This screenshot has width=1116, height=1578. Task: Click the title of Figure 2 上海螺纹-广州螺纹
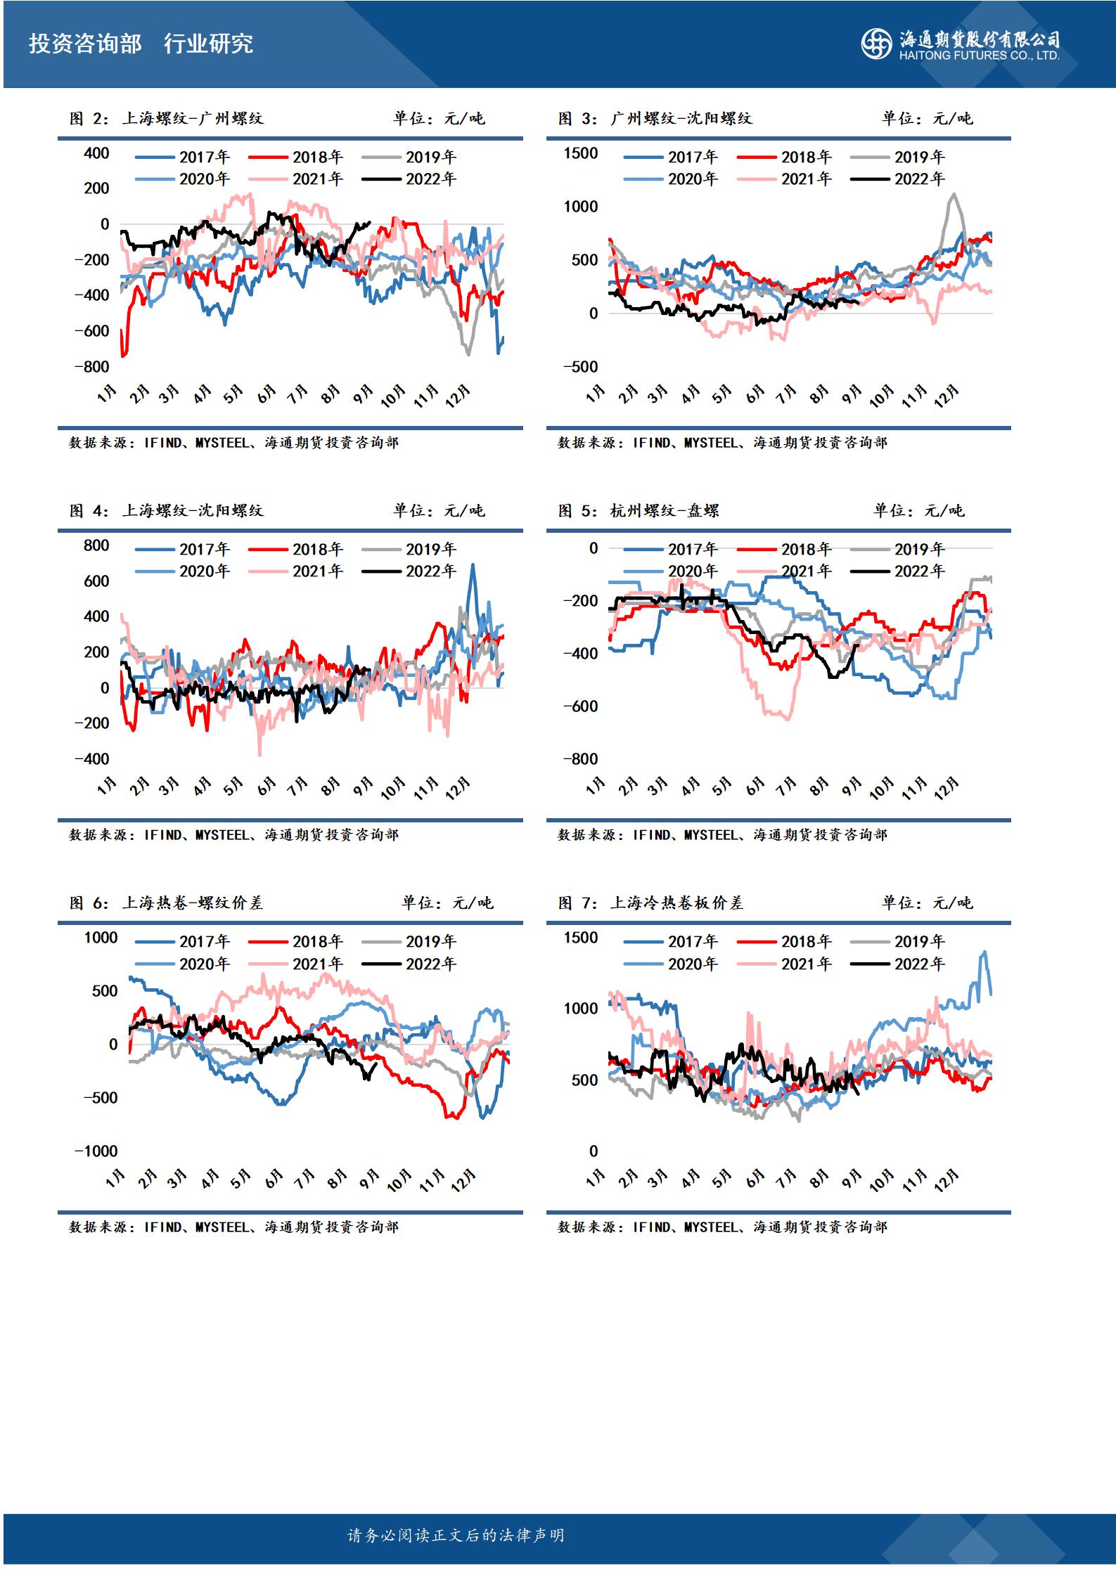click(167, 118)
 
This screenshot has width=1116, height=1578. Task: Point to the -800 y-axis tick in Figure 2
click(92, 366)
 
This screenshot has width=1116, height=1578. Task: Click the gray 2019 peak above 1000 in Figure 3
click(953, 195)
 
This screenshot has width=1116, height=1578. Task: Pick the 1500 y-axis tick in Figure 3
click(581, 153)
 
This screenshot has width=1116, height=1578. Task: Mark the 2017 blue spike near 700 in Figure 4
click(472, 565)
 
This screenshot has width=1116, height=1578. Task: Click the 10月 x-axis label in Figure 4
click(392, 789)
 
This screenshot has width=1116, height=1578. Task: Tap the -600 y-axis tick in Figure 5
click(581, 706)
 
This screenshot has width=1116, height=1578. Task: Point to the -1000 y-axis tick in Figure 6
click(96, 1151)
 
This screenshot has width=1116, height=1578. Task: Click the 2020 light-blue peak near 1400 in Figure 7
click(984, 952)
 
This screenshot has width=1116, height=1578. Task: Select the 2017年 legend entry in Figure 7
click(671, 941)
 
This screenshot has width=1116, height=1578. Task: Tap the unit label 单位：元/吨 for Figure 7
click(928, 903)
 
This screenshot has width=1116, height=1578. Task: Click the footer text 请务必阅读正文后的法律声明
click(456, 1535)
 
